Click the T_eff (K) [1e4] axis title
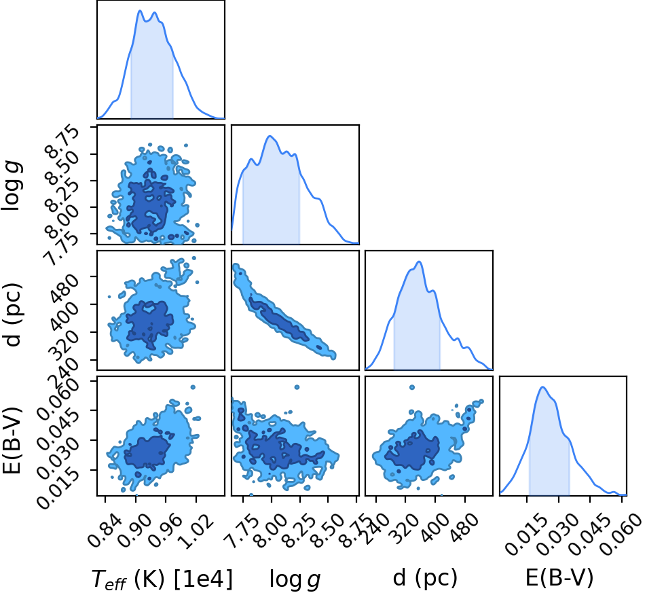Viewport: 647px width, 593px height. pyautogui.click(x=162, y=579)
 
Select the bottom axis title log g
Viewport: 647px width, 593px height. pyautogui.click(x=295, y=579)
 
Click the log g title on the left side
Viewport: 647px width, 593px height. pyautogui.click(x=12, y=185)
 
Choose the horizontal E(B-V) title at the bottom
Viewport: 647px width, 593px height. pyautogui.click(x=559, y=577)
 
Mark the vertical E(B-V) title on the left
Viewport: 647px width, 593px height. pyautogui.click(x=12, y=439)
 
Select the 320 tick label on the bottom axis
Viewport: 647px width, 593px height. pyautogui.click(x=406, y=525)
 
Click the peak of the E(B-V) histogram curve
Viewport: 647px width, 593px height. pyautogui.click(x=542, y=387)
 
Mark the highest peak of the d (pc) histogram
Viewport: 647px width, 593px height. pyautogui.click(x=419, y=262)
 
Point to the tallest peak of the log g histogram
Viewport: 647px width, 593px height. pyautogui.click(x=270, y=136)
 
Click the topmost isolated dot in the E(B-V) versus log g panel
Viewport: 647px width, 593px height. pyautogui.click(x=296, y=387)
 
